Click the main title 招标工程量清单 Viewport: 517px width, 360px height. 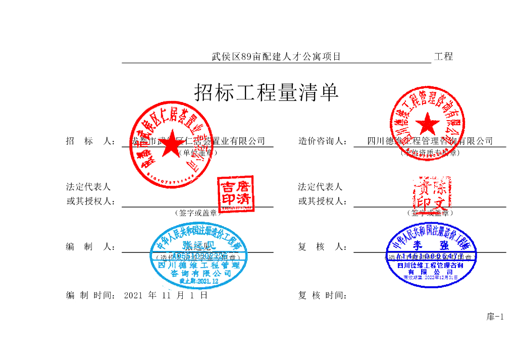[266, 93]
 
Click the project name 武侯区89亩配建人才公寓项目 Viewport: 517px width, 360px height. [276, 57]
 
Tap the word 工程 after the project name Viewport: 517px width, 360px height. [443, 57]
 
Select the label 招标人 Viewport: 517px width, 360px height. [91, 141]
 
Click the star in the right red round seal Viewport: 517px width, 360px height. [429, 124]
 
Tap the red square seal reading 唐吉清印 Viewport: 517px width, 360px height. [235, 193]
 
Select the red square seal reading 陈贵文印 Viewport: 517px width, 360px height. [431, 194]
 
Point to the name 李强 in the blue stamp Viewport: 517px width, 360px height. [430, 246]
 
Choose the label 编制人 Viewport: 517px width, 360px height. [91, 247]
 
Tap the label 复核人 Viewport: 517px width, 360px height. [322, 247]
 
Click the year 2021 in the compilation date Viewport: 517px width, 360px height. [133, 295]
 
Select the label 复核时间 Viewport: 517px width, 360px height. [322, 295]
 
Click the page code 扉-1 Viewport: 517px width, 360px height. [495, 317]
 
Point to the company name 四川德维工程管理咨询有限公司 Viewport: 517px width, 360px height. [430, 141]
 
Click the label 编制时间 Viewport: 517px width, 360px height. [91, 295]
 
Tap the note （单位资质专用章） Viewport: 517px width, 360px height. [430, 152]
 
